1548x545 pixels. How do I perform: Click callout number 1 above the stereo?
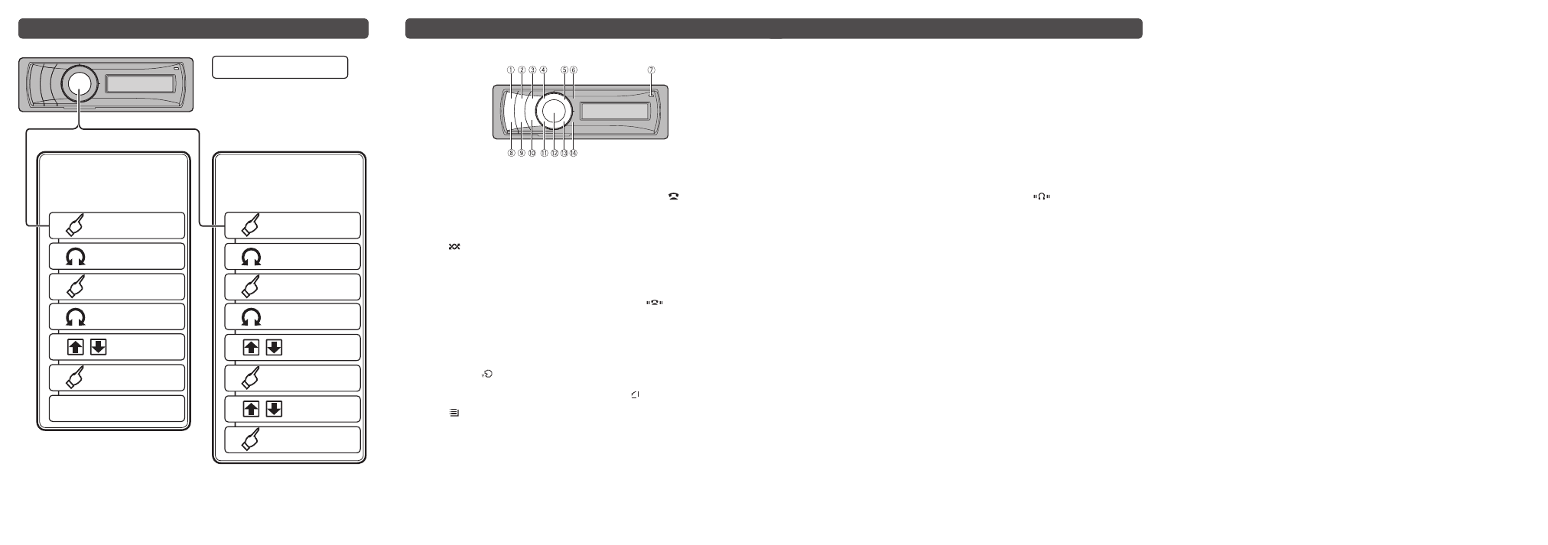[x=511, y=70]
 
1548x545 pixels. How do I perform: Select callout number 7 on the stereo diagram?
[x=651, y=70]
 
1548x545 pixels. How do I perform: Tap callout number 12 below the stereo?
[x=554, y=153]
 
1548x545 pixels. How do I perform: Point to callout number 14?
[x=574, y=153]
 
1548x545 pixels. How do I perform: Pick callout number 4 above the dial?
[x=543, y=70]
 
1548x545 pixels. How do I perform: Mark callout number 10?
[x=532, y=153]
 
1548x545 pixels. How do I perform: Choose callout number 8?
[x=511, y=153]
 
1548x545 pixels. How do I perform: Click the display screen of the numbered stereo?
[x=615, y=111]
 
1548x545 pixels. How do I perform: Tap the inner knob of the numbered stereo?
[x=554, y=111]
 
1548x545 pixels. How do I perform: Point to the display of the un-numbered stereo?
[x=140, y=84]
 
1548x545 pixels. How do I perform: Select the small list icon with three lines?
[x=454, y=412]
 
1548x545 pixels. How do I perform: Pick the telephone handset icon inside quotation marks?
[x=654, y=303]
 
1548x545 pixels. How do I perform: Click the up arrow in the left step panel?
[x=76, y=347]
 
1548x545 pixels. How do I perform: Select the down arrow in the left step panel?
[x=98, y=347]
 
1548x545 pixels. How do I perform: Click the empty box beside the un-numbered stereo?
[x=279, y=67]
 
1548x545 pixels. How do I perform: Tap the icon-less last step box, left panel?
[x=117, y=408]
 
